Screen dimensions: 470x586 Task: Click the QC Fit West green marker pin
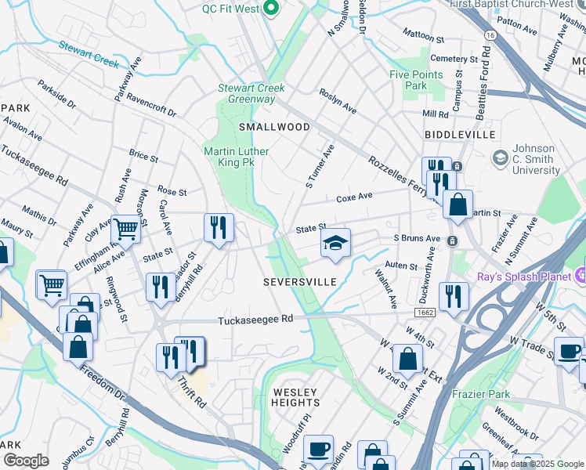(x=273, y=9)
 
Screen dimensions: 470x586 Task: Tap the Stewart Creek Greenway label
(x=251, y=93)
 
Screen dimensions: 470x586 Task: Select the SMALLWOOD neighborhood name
(x=274, y=126)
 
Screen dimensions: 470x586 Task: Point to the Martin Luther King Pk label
(x=236, y=157)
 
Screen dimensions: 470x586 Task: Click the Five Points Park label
(x=417, y=80)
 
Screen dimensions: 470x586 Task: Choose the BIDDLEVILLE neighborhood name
(x=460, y=135)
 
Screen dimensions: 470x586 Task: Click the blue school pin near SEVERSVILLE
(x=335, y=244)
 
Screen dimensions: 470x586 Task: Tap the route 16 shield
(x=490, y=36)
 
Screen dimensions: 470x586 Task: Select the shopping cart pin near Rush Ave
(x=125, y=229)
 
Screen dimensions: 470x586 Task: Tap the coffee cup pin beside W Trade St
(x=568, y=350)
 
